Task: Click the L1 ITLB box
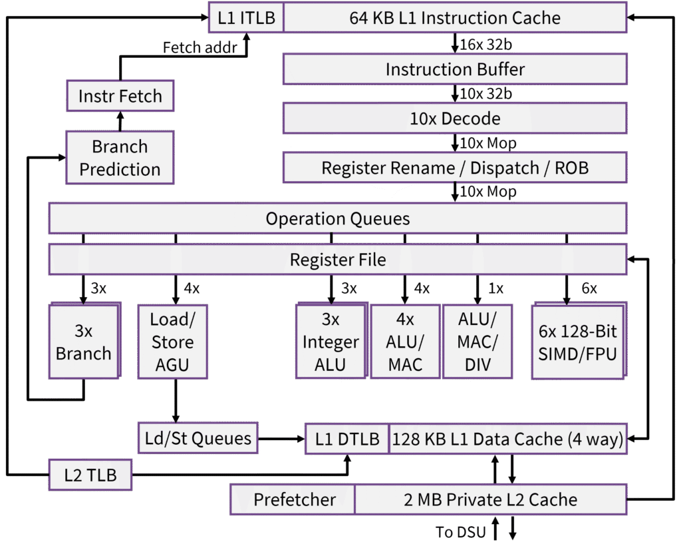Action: click(x=246, y=18)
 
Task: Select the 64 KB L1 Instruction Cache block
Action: click(x=455, y=18)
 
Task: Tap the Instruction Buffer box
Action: click(x=455, y=69)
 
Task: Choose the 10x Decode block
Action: click(x=455, y=119)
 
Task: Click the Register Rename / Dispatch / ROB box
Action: click(x=455, y=168)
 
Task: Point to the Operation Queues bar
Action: click(x=338, y=218)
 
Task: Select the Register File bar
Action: click(x=338, y=259)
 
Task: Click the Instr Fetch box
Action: click(x=120, y=96)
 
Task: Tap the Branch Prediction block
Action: click(x=120, y=158)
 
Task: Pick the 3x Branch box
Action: click(x=83, y=342)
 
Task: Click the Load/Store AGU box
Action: click(x=173, y=342)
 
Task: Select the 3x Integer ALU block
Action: click(x=331, y=342)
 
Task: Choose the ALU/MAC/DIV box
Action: click(x=477, y=342)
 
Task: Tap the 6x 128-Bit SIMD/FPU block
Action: click(x=577, y=342)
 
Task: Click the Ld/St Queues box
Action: click(x=198, y=438)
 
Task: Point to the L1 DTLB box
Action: click(x=347, y=439)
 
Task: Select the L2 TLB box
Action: click(x=90, y=475)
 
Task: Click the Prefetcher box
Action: click(x=294, y=499)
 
